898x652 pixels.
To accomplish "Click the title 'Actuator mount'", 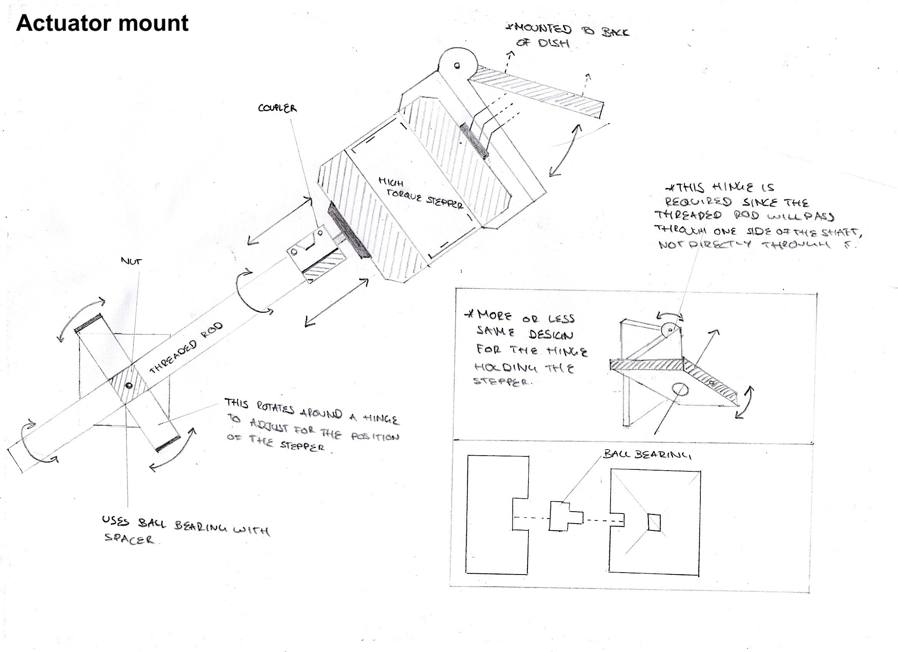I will click(x=102, y=23).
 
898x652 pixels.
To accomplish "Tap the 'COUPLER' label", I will click(x=277, y=108).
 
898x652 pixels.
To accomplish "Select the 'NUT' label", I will click(x=131, y=261).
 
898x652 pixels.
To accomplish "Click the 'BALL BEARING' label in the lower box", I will click(x=647, y=454).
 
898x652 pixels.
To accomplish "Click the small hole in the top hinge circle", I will click(x=457, y=66).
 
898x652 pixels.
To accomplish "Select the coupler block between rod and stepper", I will click(x=313, y=253).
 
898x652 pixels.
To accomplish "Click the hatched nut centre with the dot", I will click(x=128, y=385).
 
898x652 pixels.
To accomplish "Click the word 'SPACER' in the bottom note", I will click(x=129, y=539).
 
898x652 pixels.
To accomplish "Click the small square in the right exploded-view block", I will click(x=654, y=522).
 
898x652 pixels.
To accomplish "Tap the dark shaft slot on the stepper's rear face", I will click(x=474, y=141).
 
